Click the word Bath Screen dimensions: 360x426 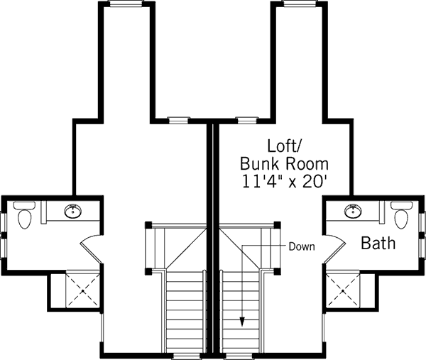click(x=378, y=244)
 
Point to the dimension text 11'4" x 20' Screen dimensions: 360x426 click(x=285, y=181)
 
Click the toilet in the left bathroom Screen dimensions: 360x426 click(x=24, y=216)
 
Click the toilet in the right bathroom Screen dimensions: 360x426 click(x=402, y=216)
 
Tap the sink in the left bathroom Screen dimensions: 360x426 click(x=72, y=210)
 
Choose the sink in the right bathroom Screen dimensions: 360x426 click(x=353, y=210)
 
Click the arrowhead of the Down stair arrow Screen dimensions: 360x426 click(x=241, y=322)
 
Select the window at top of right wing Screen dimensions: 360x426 click(x=300, y=4)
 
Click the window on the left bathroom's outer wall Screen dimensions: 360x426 click(x=4, y=227)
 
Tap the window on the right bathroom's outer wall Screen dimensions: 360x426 click(x=422, y=227)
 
